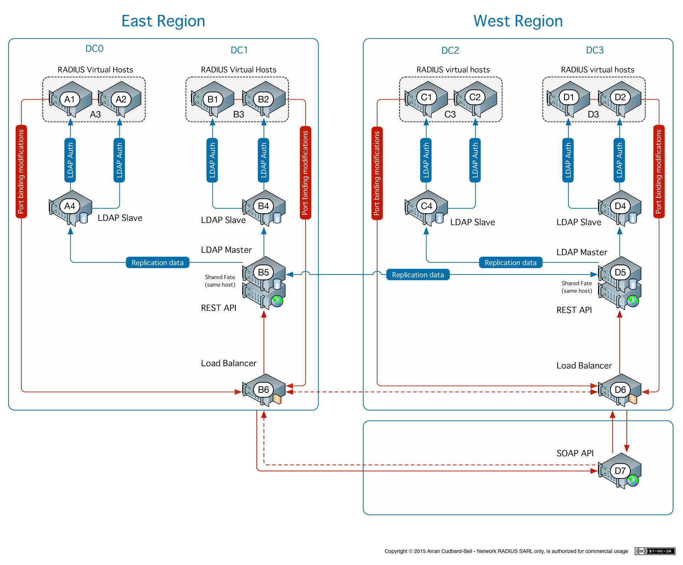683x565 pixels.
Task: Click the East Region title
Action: (x=163, y=21)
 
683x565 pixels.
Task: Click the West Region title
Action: (x=518, y=21)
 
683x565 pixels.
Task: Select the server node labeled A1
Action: (x=69, y=99)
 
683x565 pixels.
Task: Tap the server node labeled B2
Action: (x=263, y=99)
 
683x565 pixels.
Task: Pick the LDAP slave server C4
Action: (x=426, y=206)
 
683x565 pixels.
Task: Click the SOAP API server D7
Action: (x=620, y=471)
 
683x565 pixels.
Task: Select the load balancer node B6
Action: (x=263, y=390)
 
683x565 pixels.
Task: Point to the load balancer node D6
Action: (x=620, y=390)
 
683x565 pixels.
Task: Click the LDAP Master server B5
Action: (x=263, y=272)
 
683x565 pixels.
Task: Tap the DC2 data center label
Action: (x=450, y=50)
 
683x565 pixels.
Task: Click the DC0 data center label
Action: (x=94, y=49)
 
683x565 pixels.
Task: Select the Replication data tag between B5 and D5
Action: (x=418, y=275)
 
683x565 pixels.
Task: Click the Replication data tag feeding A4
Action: (x=158, y=263)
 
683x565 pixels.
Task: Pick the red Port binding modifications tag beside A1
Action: (x=21, y=171)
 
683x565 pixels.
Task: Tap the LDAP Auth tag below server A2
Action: (x=120, y=160)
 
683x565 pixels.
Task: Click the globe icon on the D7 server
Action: (x=633, y=481)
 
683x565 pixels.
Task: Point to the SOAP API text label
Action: (x=575, y=453)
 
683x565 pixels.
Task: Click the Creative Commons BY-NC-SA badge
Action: (x=655, y=551)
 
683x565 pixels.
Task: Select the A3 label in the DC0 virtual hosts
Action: (x=95, y=114)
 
